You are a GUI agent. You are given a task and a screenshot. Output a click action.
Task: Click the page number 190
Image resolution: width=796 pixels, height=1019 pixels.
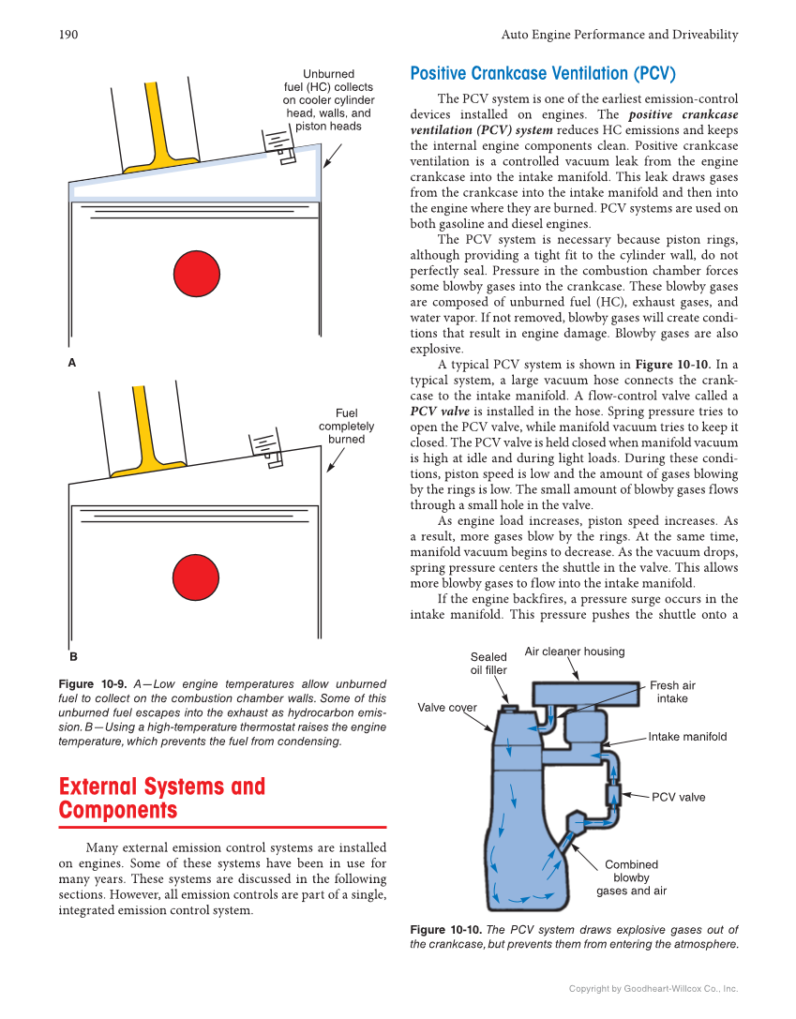point(68,35)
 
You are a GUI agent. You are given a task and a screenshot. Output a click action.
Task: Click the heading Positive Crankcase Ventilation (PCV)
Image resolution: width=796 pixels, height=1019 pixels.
point(542,73)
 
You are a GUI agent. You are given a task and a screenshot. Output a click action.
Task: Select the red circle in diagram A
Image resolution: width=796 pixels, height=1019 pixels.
point(196,273)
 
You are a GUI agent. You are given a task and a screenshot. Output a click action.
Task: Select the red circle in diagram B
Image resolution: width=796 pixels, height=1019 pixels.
point(196,577)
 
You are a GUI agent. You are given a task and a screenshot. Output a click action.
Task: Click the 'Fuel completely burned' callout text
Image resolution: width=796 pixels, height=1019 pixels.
point(347,427)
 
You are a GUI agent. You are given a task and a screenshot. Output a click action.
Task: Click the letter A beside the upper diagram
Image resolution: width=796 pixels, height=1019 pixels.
point(71,362)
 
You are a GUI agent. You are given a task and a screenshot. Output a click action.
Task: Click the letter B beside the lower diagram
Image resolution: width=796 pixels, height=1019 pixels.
point(72,657)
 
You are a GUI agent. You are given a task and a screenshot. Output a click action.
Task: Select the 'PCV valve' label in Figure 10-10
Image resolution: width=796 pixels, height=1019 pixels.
point(678,797)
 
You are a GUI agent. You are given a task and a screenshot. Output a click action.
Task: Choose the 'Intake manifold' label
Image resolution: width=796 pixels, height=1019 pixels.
point(687,737)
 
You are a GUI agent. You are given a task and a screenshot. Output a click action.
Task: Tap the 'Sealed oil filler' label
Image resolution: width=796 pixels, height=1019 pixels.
point(488,664)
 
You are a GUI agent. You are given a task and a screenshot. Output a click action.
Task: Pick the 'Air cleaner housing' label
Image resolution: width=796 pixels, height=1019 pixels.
point(574,652)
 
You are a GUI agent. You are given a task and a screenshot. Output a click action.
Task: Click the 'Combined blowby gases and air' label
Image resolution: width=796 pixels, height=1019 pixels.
point(631,877)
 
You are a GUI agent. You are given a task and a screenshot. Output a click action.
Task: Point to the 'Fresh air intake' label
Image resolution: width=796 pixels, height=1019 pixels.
point(672,692)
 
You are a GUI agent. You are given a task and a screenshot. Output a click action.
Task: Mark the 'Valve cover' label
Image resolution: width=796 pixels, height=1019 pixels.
point(447,708)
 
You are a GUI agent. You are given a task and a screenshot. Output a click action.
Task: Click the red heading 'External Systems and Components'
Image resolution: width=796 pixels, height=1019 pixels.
point(161,798)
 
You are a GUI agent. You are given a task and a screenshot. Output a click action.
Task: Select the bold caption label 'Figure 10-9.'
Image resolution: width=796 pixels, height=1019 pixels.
point(89,684)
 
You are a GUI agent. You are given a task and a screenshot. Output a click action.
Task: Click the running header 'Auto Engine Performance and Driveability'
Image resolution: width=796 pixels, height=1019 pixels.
point(620,35)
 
